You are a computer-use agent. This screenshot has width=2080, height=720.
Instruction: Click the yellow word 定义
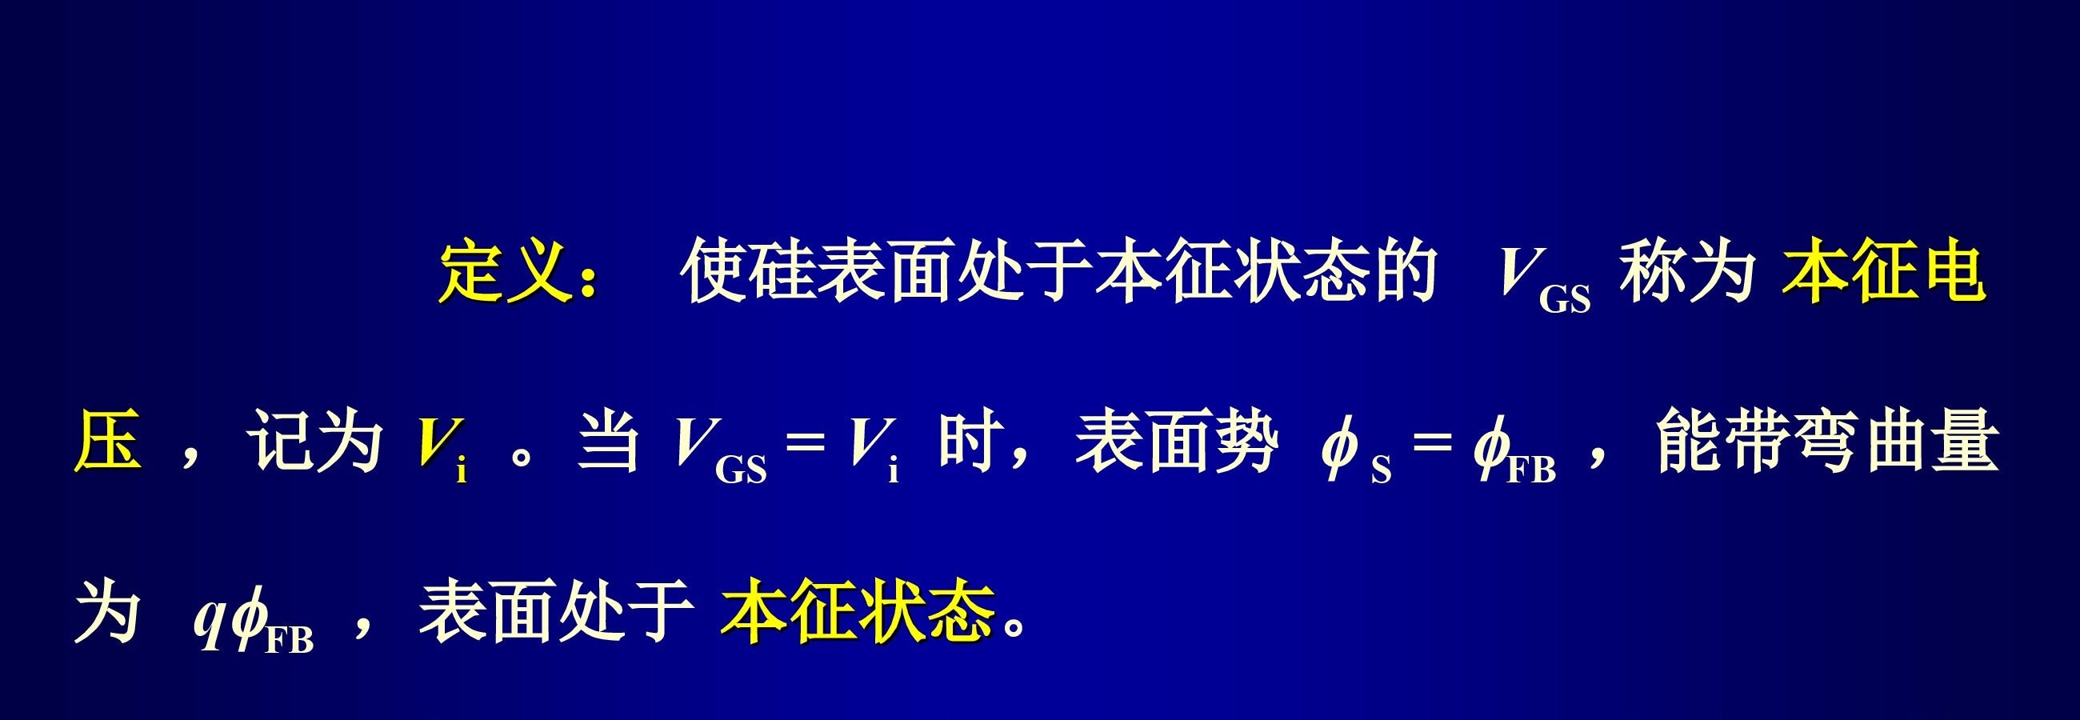[x=506, y=271]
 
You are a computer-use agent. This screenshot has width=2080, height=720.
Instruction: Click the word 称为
[x=1687, y=271]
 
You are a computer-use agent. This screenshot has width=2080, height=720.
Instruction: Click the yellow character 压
[x=108, y=441]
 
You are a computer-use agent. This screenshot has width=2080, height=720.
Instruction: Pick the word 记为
[x=315, y=441]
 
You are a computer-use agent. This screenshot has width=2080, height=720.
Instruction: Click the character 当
[x=609, y=441]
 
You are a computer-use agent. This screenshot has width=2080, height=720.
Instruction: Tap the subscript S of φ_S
[x=1381, y=470]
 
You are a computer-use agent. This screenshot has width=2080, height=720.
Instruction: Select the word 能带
[x=1725, y=441]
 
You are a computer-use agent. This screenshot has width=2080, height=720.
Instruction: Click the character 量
[x=1965, y=441]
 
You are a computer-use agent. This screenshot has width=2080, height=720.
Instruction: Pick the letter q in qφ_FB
[x=209, y=622]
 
